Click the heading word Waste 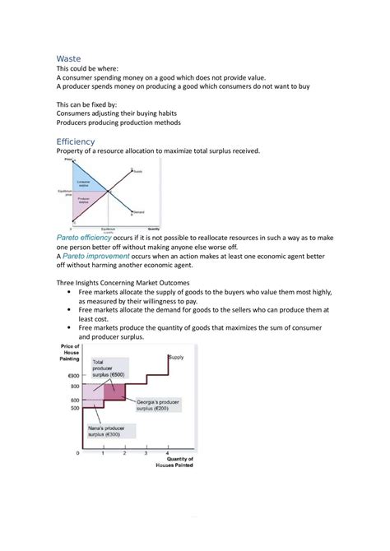[x=69, y=59]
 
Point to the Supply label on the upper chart [x=137, y=171]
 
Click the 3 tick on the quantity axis [x=146, y=453]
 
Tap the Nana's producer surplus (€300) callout [x=108, y=433]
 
